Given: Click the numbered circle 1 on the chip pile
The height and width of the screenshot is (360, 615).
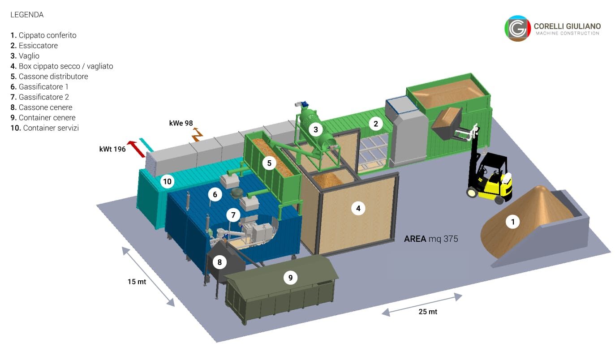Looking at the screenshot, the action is (512, 222).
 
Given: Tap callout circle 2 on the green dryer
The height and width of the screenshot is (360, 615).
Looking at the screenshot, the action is (376, 124).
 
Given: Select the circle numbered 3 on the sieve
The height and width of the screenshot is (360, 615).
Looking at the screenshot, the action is (316, 129).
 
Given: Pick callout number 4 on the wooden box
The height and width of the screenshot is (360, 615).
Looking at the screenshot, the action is (358, 209).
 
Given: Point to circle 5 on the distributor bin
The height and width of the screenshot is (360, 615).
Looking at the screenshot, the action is (269, 163).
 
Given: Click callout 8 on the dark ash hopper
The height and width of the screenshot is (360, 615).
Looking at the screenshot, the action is (219, 262).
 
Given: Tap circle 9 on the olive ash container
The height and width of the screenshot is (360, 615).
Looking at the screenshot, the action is (290, 278).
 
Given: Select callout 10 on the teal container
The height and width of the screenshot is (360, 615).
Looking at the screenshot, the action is (168, 181).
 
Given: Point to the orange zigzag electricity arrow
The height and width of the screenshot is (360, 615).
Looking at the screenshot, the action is (197, 134).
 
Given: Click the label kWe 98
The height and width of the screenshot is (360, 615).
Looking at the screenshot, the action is (181, 123).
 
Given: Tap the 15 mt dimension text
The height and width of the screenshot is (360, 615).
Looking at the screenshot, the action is (137, 282).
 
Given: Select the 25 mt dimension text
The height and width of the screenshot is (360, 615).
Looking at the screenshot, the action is (428, 312).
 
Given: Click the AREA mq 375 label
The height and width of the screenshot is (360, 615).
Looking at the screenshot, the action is (431, 239).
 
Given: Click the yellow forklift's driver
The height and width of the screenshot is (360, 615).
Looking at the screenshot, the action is (506, 180).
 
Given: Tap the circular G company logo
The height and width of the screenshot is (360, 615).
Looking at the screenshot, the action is (517, 28).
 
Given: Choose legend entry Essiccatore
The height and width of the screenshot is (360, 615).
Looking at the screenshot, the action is (34, 46).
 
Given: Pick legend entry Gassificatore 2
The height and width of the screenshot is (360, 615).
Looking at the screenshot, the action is (40, 97).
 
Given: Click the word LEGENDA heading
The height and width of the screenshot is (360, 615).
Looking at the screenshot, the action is (27, 15).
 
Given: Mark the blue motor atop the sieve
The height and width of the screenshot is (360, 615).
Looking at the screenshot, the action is (304, 104).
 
